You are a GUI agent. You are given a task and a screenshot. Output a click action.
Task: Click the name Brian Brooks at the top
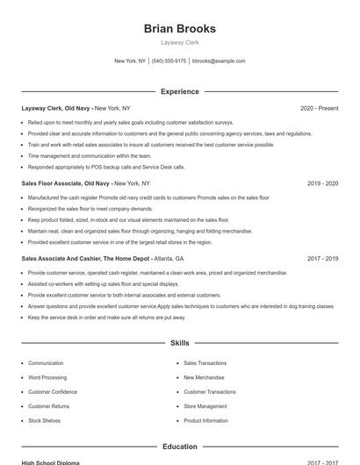tap(179, 28)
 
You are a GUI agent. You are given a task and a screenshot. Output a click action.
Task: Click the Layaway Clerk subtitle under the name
tap(179, 42)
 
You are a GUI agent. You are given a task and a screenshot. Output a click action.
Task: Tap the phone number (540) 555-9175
tap(169, 61)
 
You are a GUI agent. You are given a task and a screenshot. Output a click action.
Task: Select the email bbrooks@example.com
tap(219, 61)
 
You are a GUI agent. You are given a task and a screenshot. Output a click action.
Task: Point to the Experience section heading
tap(179, 91)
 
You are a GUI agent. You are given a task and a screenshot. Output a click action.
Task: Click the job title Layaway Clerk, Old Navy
tap(55, 108)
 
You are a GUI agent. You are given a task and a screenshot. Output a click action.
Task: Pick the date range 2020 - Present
tap(319, 108)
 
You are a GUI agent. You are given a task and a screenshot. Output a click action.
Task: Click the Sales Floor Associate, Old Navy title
tap(66, 183)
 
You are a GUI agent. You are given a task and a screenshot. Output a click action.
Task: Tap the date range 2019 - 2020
tap(322, 183)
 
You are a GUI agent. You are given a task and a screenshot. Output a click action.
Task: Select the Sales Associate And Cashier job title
tap(85, 259)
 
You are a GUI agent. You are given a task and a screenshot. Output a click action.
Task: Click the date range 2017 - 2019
tap(322, 259)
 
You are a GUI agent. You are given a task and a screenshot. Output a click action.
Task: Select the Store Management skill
tap(205, 406)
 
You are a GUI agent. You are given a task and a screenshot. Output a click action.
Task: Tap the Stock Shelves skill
tap(44, 420)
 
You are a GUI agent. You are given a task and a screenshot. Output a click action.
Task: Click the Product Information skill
tap(206, 420)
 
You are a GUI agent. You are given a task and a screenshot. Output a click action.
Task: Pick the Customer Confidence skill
tap(53, 391)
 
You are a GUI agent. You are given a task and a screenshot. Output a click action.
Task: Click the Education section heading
tap(179, 447)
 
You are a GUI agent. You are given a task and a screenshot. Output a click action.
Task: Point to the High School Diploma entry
tap(50, 462)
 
